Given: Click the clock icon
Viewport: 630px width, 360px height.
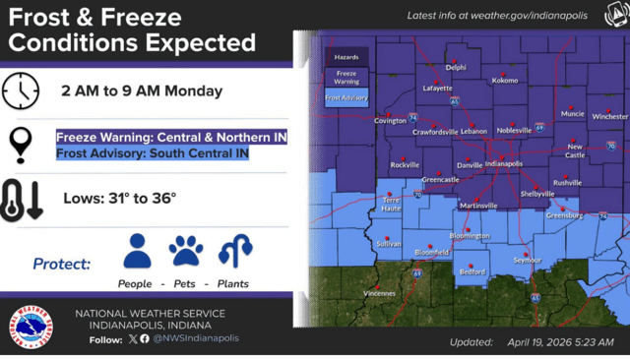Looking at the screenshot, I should point(21,90).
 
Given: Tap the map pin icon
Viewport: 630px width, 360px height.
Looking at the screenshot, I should point(21,144).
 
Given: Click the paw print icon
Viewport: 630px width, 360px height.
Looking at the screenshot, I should point(186,251).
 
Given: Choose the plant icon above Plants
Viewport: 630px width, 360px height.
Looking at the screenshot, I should point(234,251).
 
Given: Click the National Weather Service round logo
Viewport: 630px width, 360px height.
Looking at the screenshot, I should point(33,327).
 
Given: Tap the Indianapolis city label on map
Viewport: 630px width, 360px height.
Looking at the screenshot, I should point(503,164).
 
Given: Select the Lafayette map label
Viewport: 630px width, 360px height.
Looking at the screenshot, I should point(438,88).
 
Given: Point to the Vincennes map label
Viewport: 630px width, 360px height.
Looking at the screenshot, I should point(378,292).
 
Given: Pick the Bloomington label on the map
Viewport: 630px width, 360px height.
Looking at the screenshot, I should point(470,236).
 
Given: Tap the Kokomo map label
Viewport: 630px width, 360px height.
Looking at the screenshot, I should point(505,81).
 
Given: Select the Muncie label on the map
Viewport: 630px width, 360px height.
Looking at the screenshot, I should point(572,113).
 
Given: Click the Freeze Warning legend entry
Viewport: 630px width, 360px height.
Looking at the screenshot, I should point(346,77).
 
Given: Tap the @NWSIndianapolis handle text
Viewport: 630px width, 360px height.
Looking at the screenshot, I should point(196,338).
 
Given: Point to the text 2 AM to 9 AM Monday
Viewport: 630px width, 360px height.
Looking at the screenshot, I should point(142,91).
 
